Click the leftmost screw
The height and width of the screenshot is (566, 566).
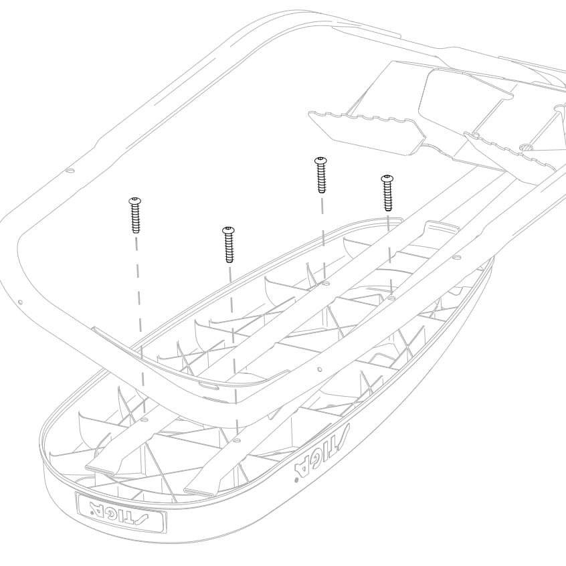coord(136,215)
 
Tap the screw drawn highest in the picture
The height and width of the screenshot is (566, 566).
coord(321,175)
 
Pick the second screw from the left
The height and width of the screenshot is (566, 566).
coord(229,245)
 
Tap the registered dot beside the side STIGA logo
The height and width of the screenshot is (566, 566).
coord(296,480)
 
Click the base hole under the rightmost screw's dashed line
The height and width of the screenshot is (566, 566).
coord(391,298)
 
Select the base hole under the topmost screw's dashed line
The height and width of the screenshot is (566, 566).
coord(325,284)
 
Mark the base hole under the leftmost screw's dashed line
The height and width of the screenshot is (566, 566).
coord(145,419)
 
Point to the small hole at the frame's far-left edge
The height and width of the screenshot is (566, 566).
coord(20,302)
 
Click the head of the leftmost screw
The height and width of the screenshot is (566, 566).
coord(136,200)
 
